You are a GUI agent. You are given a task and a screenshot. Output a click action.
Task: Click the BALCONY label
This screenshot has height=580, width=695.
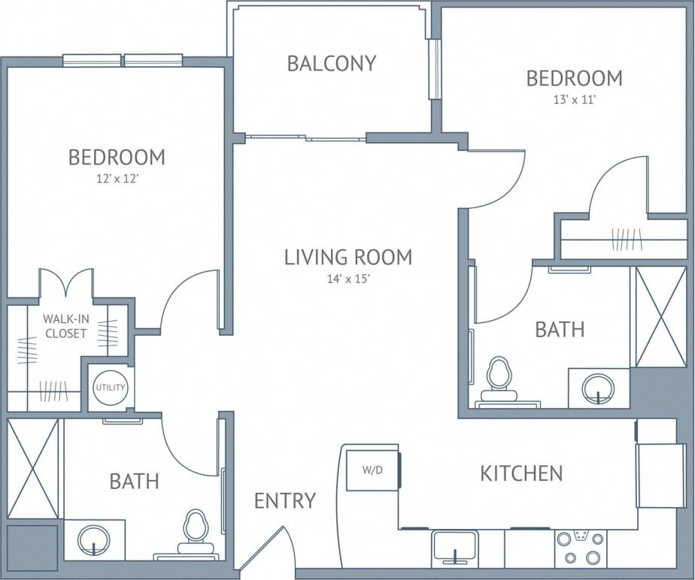[331, 63]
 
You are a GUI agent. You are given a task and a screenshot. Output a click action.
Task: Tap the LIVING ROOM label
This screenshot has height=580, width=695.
[348, 257]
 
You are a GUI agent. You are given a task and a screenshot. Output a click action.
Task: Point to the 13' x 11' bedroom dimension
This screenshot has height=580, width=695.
[574, 98]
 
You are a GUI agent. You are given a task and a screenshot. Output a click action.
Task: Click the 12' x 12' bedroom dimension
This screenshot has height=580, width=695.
[117, 178]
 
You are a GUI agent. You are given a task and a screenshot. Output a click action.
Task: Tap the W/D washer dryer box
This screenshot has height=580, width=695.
[372, 471]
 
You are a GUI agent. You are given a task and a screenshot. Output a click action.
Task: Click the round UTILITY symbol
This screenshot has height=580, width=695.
[110, 388]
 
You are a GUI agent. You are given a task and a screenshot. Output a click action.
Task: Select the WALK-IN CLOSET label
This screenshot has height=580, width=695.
[65, 326]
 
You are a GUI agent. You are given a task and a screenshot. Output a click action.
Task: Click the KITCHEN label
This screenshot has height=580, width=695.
[521, 473]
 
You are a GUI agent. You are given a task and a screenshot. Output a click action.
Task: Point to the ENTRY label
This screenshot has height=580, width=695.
[285, 500]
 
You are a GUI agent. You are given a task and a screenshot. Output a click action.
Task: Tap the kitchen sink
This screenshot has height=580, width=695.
[454, 545]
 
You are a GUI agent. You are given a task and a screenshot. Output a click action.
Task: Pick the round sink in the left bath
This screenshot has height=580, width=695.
[95, 539]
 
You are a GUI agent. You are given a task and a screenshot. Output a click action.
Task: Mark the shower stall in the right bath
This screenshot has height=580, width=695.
[658, 316]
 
